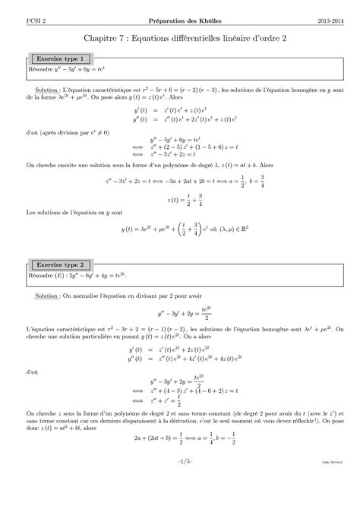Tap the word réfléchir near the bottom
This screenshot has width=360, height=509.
click(x=318, y=445)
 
